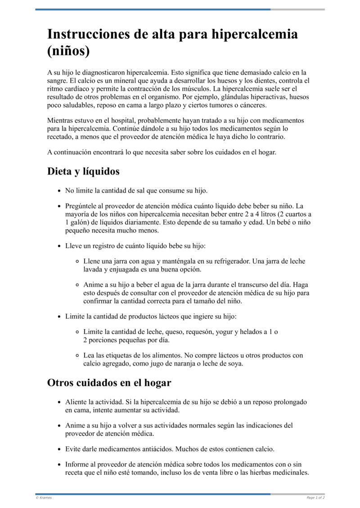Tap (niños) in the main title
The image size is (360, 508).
pos(68,51)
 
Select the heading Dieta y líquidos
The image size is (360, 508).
pos(83,171)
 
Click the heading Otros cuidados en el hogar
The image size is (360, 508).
pos(109,383)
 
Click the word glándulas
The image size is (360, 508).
pos(231,97)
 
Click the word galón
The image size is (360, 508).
pos(79,223)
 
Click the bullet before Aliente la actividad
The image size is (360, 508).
pos(59,402)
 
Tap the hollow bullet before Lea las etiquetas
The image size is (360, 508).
pos(77,356)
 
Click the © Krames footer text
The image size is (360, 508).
pos(44,498)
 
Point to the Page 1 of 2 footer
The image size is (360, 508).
pos(315,498)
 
